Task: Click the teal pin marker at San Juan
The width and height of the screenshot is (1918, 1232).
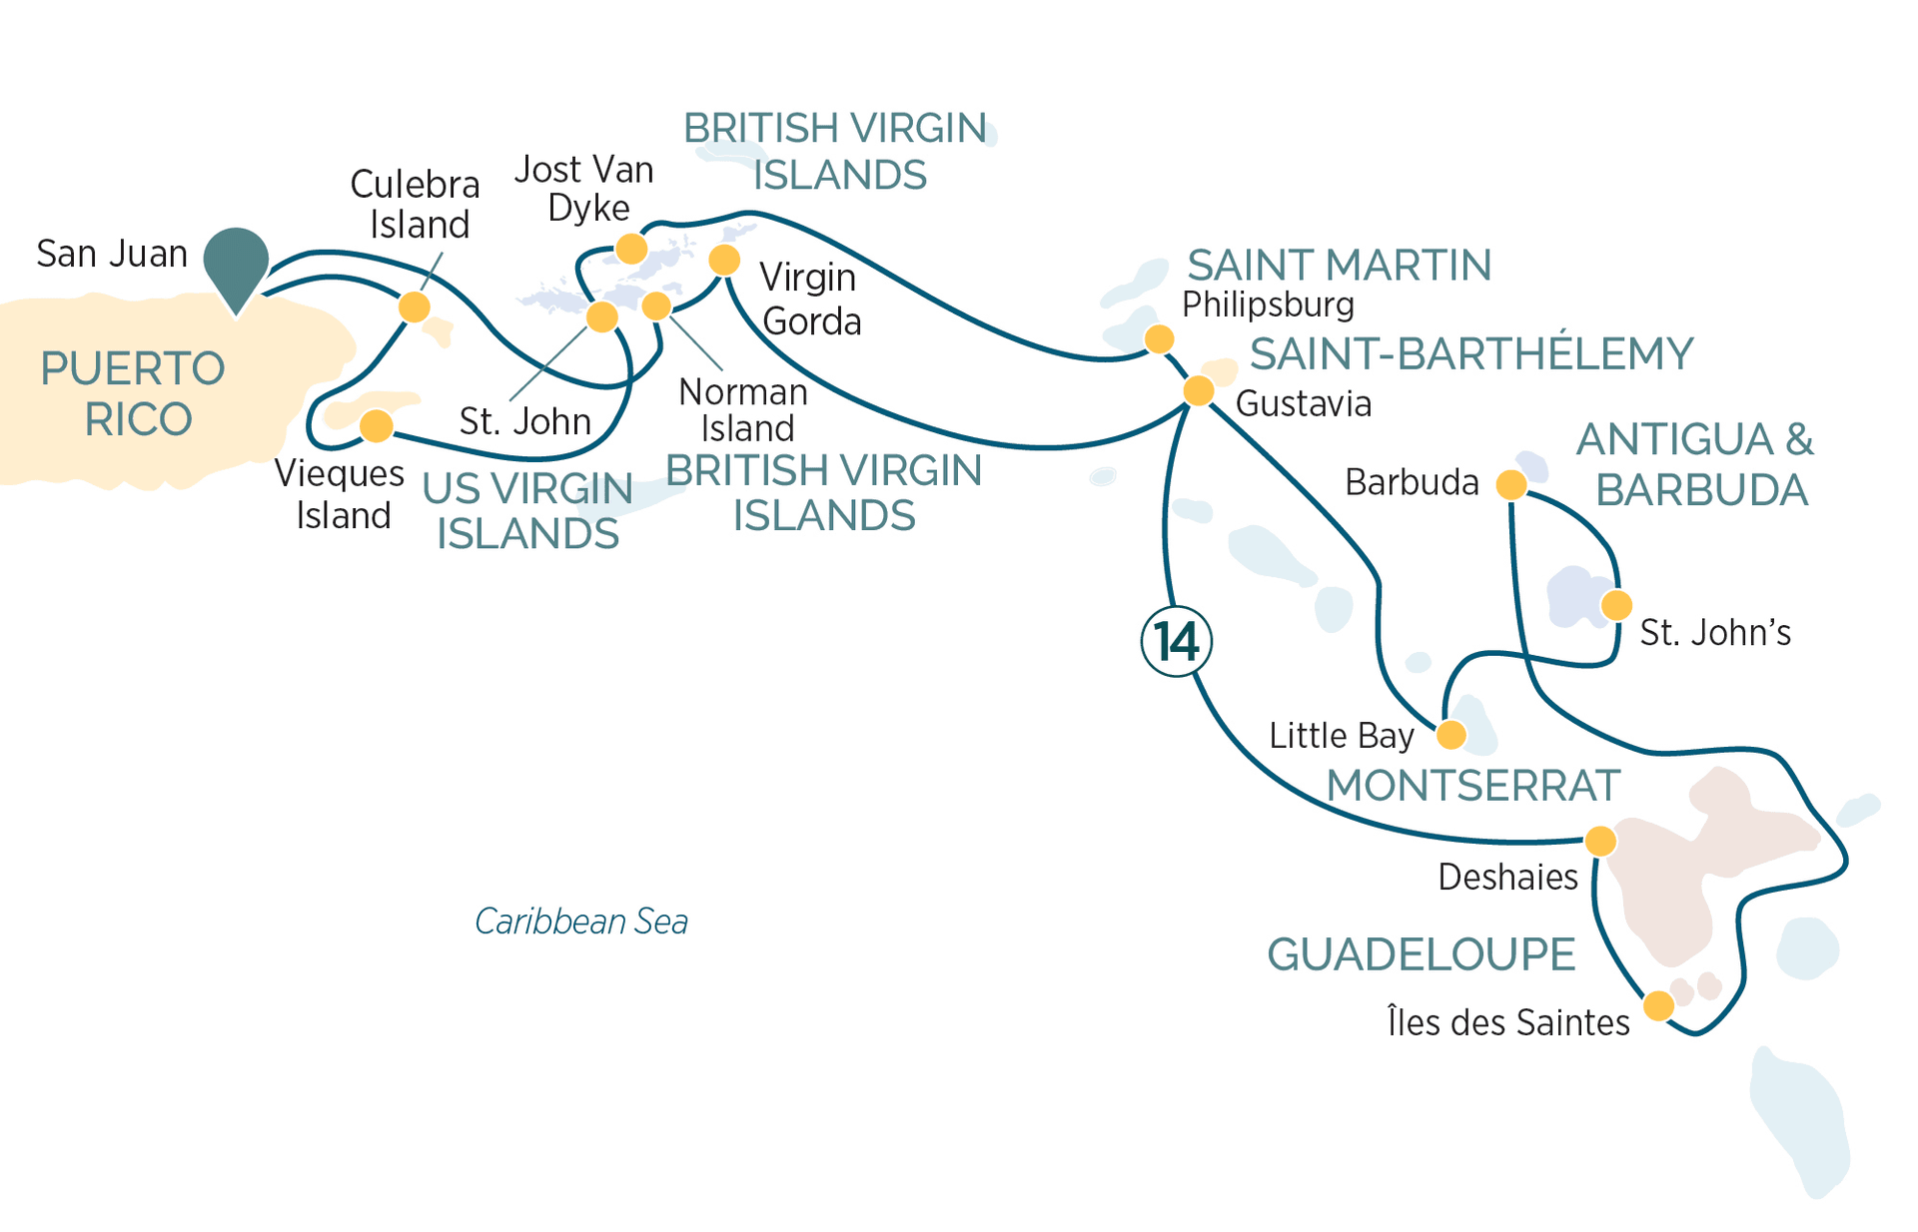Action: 236,262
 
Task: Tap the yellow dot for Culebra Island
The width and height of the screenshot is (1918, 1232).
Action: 415,307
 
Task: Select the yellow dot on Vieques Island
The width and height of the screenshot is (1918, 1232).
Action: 376,425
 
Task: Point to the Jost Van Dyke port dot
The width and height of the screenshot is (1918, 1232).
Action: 630,248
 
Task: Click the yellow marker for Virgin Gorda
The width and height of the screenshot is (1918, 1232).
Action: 724,261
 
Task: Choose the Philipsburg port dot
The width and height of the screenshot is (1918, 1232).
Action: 1159,339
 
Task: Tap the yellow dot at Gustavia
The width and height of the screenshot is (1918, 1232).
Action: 1199,390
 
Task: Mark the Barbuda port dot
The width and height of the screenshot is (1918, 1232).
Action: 1511,485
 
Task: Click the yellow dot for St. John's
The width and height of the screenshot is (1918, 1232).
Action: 1616,605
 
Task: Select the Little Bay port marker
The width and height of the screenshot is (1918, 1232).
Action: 1451,736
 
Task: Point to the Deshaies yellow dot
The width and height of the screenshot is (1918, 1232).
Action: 1600,841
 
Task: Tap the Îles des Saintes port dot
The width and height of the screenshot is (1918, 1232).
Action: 1658,1005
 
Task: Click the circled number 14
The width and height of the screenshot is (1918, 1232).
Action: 1176,641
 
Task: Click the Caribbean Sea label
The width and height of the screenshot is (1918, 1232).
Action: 581,922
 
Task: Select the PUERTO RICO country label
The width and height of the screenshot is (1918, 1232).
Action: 134,394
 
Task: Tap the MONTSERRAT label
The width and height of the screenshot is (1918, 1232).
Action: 1472,786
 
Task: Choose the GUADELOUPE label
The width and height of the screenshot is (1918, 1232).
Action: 1421,955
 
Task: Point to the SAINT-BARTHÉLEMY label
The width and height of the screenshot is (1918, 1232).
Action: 1471,354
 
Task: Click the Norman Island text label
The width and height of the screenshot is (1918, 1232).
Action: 743,410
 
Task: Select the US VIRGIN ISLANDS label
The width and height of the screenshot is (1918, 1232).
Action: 527,511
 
